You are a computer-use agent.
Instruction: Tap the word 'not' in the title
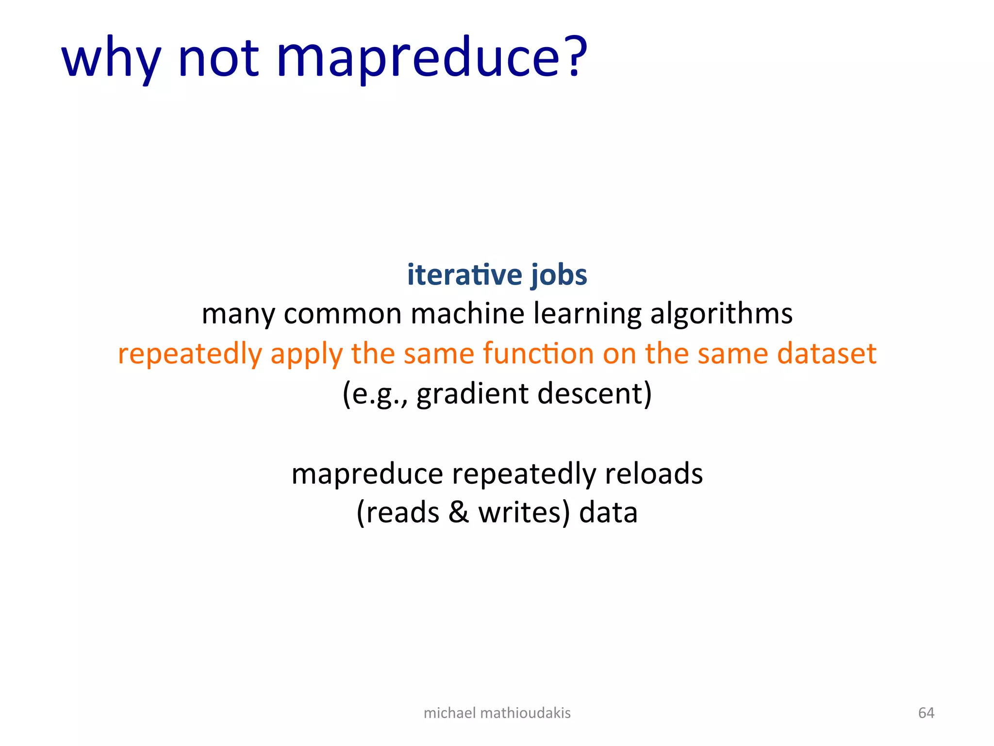pos(218,58)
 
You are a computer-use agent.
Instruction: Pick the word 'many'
pos(238,314)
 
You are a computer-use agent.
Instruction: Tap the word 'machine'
pos(467,313)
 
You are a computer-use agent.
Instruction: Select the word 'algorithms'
pos(721,313)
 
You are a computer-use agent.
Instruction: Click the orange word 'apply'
pos(306,354)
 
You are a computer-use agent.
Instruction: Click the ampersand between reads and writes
pos(459,513)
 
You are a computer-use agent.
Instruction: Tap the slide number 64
pos(926,712)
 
